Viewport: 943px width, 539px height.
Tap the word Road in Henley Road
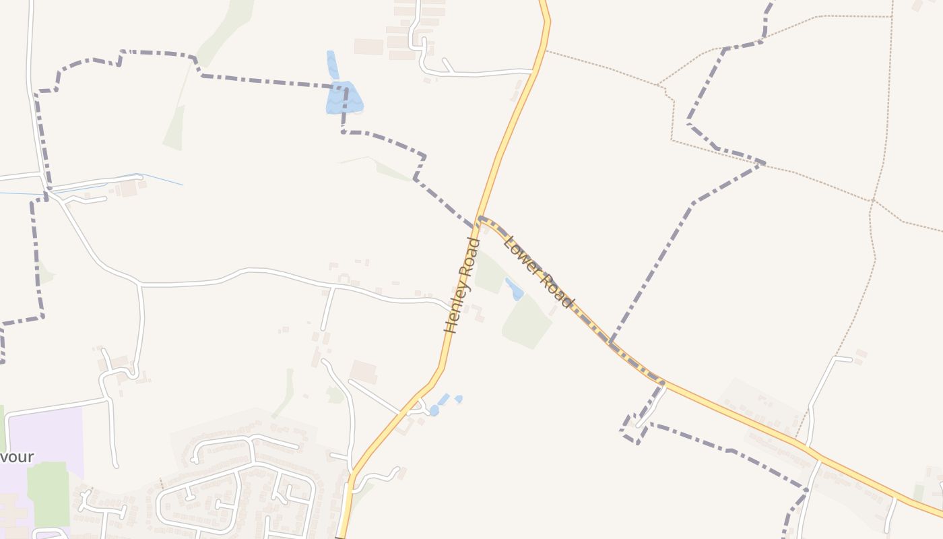(x=469, y=259)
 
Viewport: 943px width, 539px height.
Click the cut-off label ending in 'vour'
(x=17, y=457)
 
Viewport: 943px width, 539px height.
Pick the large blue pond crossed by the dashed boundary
(x=344, y=98)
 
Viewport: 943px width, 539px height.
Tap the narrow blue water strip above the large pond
(x=332, y=65)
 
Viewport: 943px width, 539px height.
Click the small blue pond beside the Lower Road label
(x=515, y=289)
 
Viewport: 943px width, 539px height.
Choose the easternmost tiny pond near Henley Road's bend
(x=459, y=399)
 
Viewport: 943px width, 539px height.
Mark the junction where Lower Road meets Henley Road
(x=480, y=218)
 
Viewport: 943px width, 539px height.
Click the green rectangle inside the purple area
(x=48, y=493)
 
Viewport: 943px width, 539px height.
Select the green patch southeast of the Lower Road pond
(x=527, y=322)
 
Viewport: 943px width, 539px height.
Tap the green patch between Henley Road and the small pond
(x=490, y=274)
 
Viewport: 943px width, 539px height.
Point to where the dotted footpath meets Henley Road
(x=546, y=51)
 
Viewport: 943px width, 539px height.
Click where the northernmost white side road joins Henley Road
(x=533, y=71)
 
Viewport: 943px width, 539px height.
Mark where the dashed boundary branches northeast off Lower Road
(x=610, y=342)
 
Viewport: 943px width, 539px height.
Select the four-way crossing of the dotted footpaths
(x=872, y=201)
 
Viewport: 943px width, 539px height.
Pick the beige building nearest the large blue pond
(x=368, y=46)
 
